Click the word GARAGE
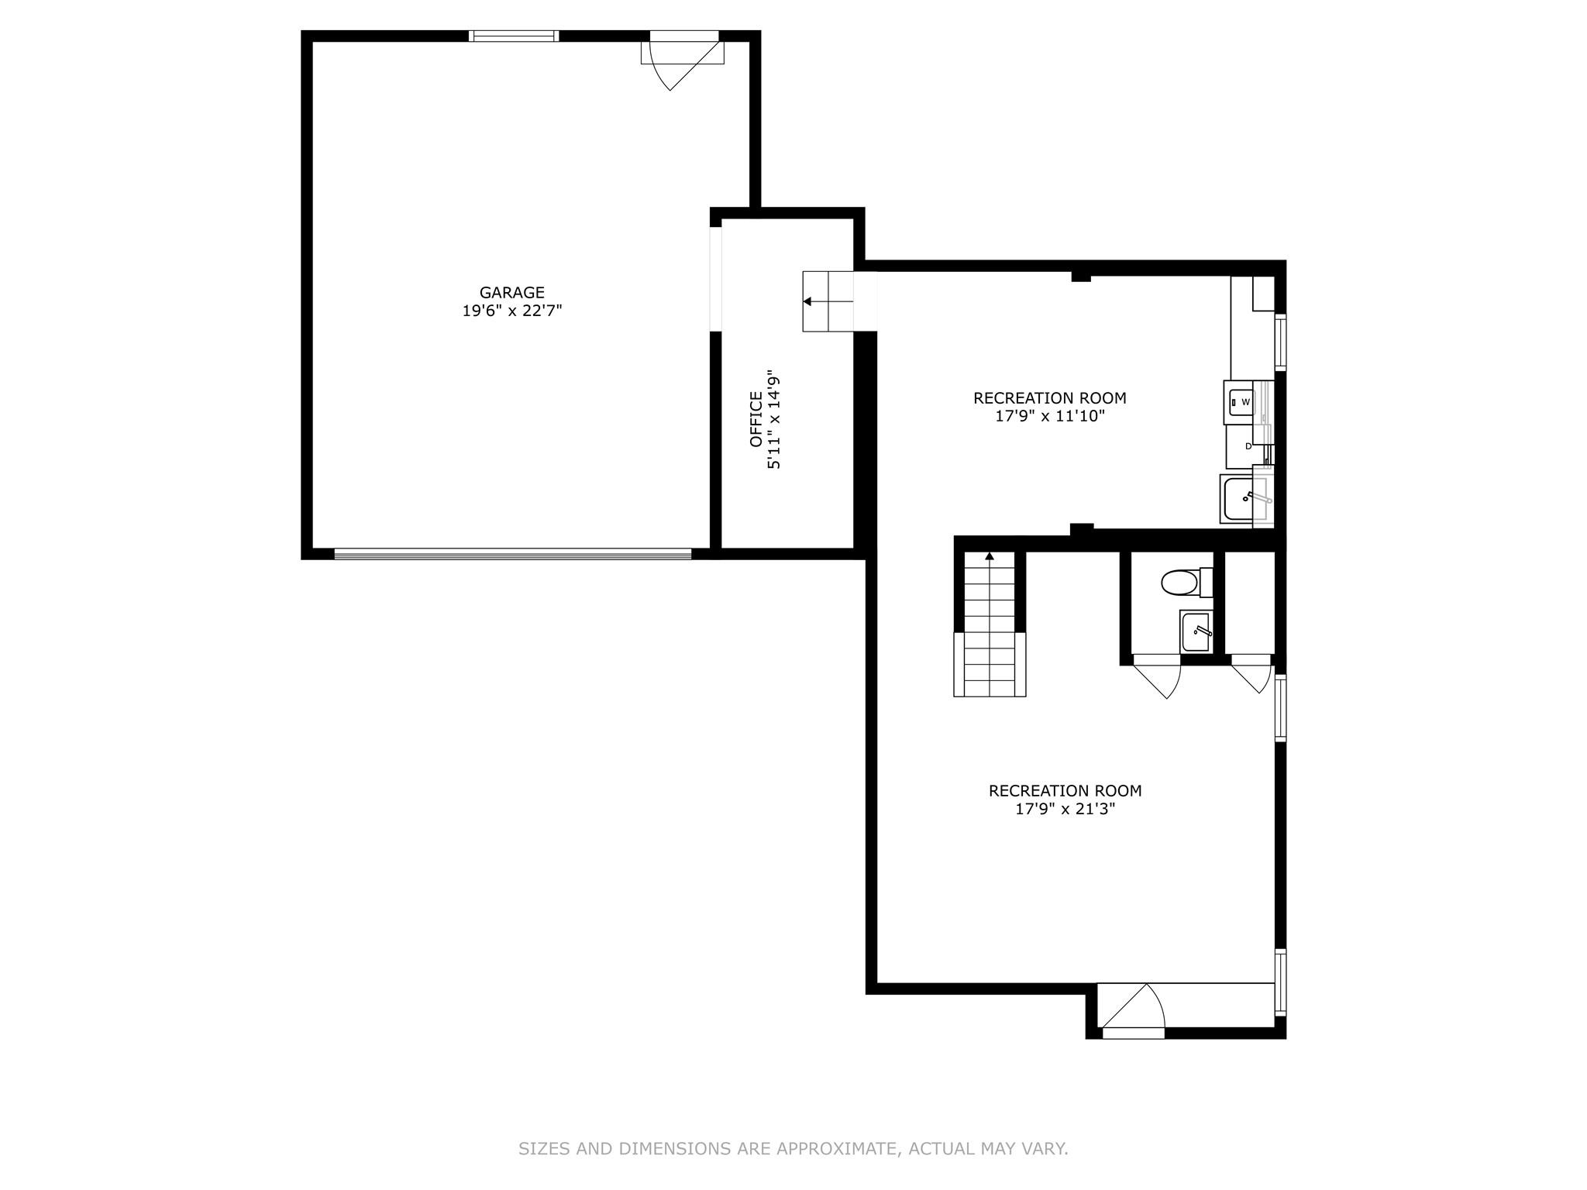point(511,293)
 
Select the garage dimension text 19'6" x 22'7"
point(511,311)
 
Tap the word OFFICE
point(756,419)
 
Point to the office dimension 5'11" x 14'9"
point(773,419)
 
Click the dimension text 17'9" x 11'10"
point(1049,416)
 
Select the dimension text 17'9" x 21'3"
point(1065,809)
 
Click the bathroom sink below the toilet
point(1196,631)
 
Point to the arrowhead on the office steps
point(807,301)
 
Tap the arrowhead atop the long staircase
point(990,555)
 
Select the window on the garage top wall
point(513,36)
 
